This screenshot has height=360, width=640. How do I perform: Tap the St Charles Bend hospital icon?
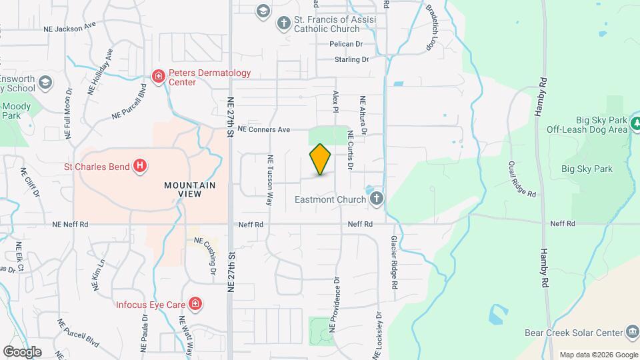click(x=140, y=165)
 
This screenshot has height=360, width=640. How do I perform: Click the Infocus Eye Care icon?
click(x=195, y=305)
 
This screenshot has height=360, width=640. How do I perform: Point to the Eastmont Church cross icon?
click(x=377, y=199)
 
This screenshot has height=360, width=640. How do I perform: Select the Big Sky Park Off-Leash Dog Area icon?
click(x=637, y=123)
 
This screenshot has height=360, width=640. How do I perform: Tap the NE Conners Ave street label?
click(x=264, y=129)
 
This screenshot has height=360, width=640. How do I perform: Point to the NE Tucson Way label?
click(x=271, y=179)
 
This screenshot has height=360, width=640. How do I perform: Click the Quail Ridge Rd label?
click(x=522, y=179)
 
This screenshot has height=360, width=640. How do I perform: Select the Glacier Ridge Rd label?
click(x=395, y=261)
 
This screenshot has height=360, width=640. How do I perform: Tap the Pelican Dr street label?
click(x=345, y=44)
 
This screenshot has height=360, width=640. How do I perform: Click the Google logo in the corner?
click(x=22, y=351)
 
